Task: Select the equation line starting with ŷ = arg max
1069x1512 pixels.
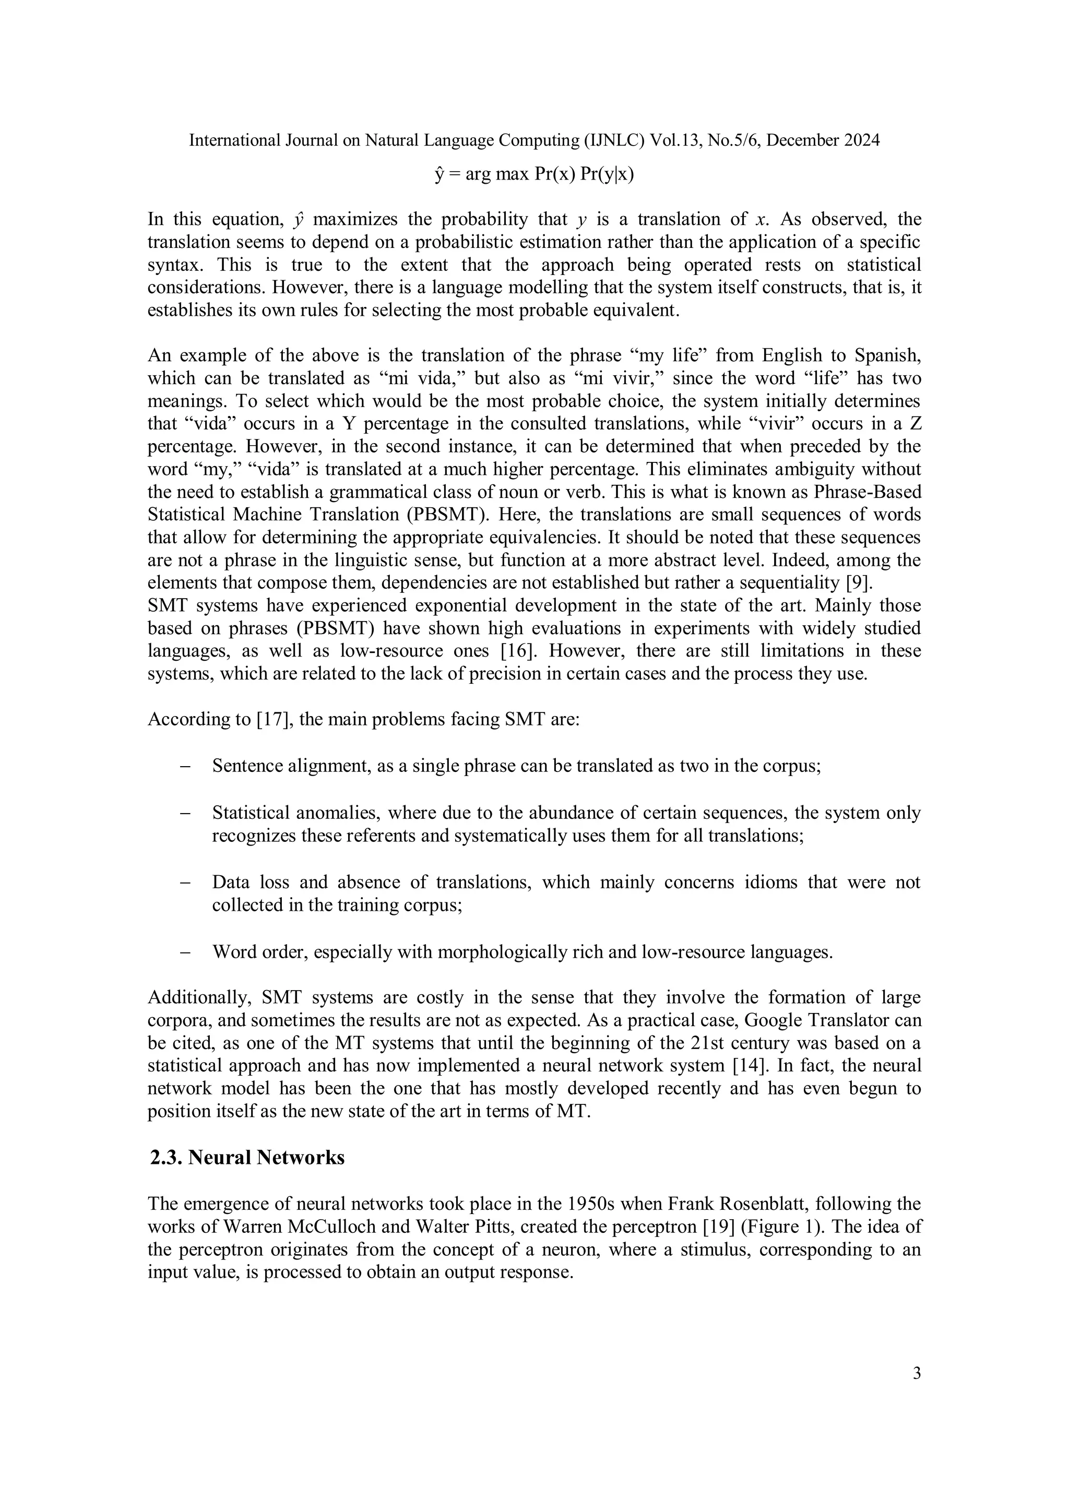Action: [x=534, y=174]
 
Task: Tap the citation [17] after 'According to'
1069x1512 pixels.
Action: [x=274, y=719]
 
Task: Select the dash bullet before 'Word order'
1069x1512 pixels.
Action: [x=185, y=953]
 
